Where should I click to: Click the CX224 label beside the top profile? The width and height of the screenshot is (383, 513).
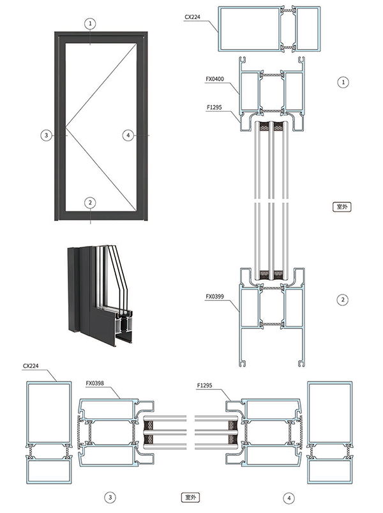(x=193, y=17)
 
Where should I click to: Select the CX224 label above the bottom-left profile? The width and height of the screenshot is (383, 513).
(x=31, y=366)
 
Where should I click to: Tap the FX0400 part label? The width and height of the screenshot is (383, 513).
(x=214, y=79)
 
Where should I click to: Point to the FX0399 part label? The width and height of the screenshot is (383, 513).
(x=214, y=296)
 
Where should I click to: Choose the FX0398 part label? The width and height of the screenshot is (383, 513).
(x=95, y=383)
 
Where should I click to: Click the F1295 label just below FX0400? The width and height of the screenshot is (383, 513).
(x=214, y=107)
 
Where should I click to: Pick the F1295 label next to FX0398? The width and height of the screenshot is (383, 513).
(x=204, y=385)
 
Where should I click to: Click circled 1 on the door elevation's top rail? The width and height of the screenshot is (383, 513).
(x=90, y=24)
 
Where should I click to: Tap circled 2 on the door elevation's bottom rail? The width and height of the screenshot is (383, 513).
(x=90, y=203)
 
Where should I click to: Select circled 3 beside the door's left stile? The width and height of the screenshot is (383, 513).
(x=47, y=135)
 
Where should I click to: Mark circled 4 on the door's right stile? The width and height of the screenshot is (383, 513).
(x=128, y=135)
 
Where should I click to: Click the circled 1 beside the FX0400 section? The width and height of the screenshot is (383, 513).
(x=343, y=82)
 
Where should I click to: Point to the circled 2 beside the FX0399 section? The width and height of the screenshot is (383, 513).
(x=343, y=300)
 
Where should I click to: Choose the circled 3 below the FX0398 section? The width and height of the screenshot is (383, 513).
(x=110, y=498)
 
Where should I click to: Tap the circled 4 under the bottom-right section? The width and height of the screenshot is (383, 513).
(x=289, y=498)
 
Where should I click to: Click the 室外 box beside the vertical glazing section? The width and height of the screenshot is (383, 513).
(x=342, y=207)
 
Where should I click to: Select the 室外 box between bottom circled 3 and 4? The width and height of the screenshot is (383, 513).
(x=190, y=498)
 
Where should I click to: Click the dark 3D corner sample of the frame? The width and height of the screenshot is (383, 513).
(x=101, y=295)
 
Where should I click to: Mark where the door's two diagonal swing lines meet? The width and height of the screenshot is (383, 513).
(x=66, y=126)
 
